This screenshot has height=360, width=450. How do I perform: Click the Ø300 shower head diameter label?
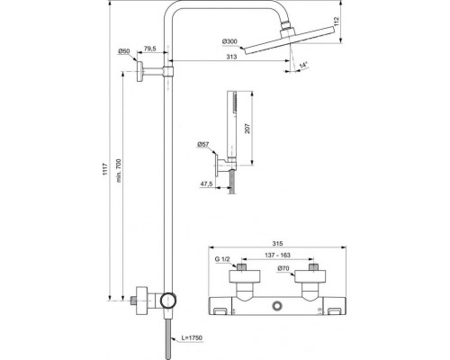tap(229, 42)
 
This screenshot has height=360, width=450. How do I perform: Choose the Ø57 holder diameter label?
tap(204, 145)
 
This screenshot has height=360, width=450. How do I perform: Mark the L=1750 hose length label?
tap(188, 337)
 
